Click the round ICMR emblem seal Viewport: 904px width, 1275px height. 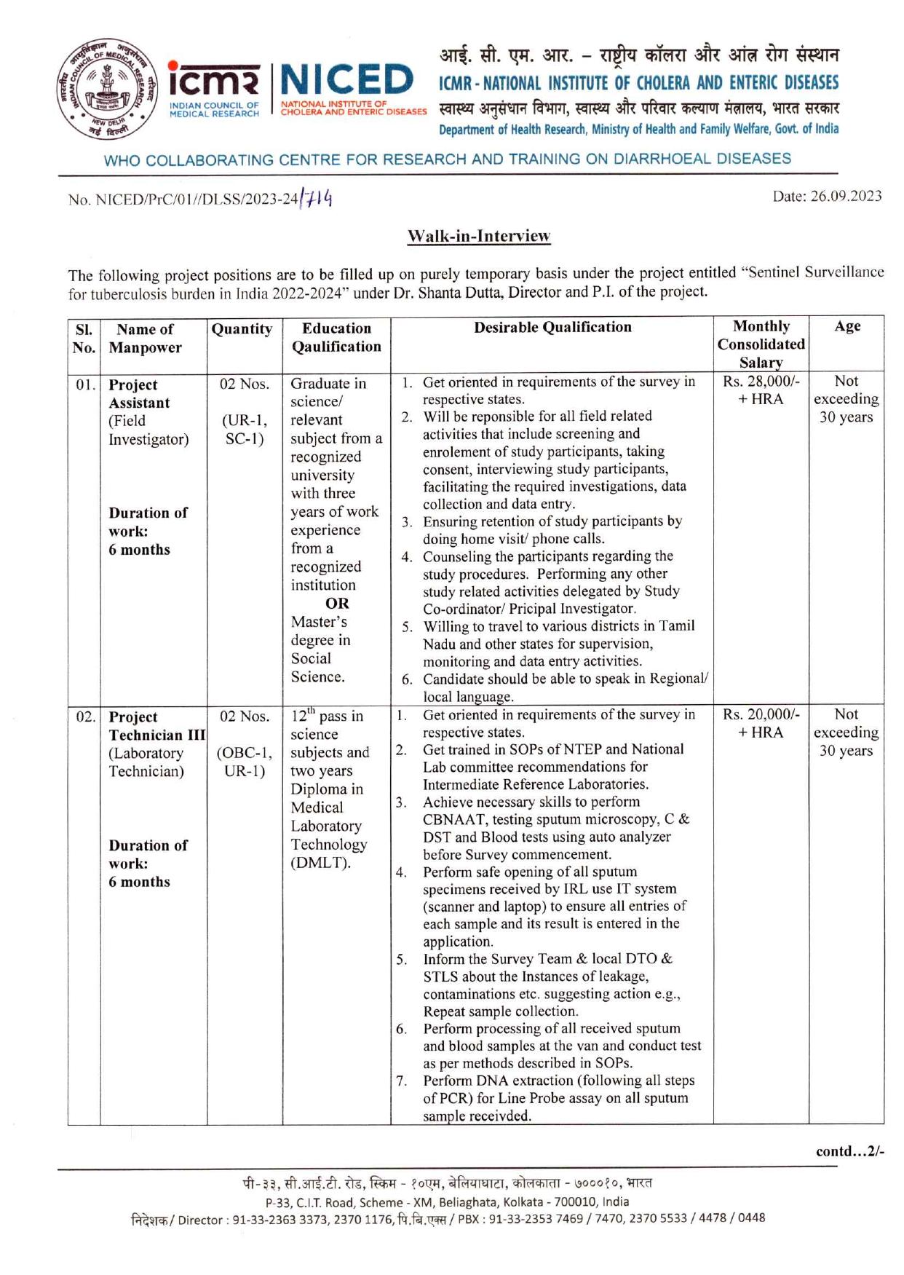[106, 90]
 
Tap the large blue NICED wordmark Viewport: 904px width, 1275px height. [346, 80]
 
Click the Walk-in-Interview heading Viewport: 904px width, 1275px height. [478, 236]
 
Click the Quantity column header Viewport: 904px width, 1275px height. [242, 329]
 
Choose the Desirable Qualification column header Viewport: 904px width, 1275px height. [552, 327]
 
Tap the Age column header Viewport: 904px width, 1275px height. [847, 326]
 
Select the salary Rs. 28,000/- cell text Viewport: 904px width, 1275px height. [761, 381]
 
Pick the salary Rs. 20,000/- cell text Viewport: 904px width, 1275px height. [761, 714]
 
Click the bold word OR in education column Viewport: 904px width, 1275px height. [337, 604]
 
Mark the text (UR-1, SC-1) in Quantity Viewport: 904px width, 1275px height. [245, 430]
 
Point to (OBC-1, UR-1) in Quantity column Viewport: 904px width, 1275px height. [245, 762]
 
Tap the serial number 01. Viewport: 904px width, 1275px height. [84, 384]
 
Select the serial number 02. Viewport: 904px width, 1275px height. [84, 717]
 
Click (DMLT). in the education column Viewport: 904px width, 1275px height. [320, 863]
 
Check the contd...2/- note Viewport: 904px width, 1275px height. [849, 1151]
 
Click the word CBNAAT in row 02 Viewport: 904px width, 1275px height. [453, 819]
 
